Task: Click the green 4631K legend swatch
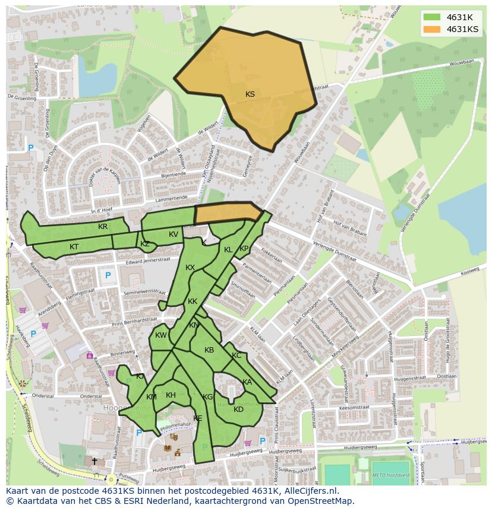[x=432, y=17]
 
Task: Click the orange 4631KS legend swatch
[x=432, y=29]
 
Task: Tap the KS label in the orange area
[x=250, y=94]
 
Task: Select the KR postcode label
[x=103, y=227]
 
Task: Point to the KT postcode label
[x=74, y=246]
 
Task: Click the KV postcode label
[x=174, y=234]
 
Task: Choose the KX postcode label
[x=190, y=268]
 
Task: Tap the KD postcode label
[x=238, y=410]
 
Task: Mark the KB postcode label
[x=209, y=350]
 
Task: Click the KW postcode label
[x=161, y=335]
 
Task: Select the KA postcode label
[x=247, y=382]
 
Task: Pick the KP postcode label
[x=244, y=249]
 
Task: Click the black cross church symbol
[x=94, y=461]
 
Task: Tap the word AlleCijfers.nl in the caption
[x=311, y=491]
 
